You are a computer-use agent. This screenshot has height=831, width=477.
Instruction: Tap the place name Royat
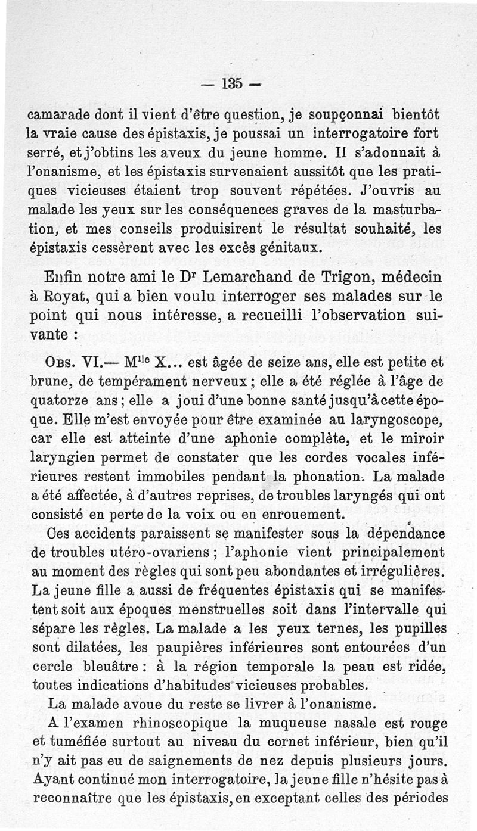click(70, 296)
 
